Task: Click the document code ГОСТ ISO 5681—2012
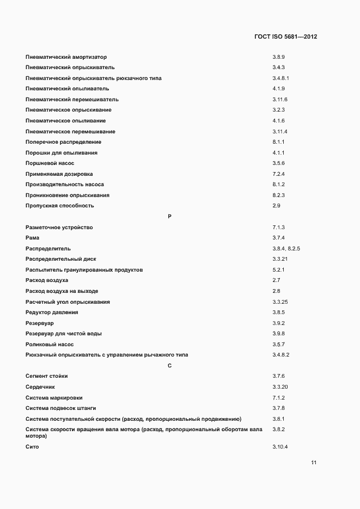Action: (x=285, y=36)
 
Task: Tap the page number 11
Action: (x=314, y=463)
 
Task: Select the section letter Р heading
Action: (x=169, y=217)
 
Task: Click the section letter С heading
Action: (x=169, y=365)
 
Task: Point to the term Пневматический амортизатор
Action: (x=66, y=57)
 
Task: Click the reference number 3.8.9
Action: (x=279, y=57)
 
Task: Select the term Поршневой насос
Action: (x=50, y=163)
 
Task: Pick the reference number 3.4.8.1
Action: (x=281, y=78)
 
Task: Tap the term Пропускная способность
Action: (x=59, y=206)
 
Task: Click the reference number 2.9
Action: (x=276, y=206)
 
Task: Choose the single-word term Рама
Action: (x=32, y=238)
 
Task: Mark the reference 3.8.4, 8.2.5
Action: (x=286, y=249)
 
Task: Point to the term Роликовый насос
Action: (x=49, y=345)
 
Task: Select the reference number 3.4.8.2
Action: (x=281, y=355)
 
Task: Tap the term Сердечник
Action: (x=40, y=387)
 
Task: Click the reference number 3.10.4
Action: (x=280, y=447)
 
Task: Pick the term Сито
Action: (x=32, y=447)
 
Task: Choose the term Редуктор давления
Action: (x=52, y=312)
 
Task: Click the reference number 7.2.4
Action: (x=279, y=174)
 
